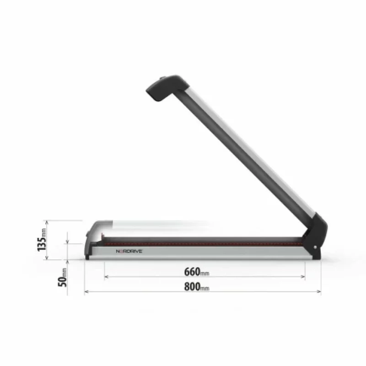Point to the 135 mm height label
coord(42,240)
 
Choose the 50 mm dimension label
coord(64,277)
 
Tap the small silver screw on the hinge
coord(316,248)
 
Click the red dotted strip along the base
coord(201,243)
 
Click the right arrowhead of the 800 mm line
coord(319,292)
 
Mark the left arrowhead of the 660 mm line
coord(106,277)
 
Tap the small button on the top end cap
coord(164,78)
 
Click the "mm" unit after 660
coord(205,274)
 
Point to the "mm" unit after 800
coord(205,289)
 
